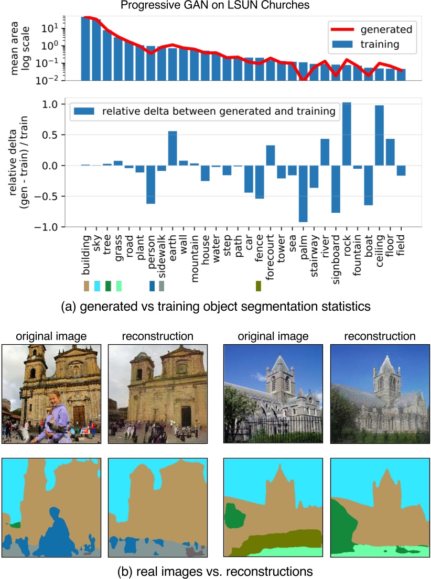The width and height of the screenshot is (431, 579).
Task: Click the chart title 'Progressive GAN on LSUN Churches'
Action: [215, 6]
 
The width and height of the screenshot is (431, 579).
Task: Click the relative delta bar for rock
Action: [346, 134]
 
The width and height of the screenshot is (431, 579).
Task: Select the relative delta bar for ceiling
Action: [379, 136]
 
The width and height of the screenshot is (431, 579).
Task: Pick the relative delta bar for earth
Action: [173, 148]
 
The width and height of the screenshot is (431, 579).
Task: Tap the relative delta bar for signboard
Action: [336, 189]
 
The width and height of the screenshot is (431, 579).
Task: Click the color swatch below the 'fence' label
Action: [258, 286]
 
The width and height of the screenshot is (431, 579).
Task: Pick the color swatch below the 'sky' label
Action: [97, 286]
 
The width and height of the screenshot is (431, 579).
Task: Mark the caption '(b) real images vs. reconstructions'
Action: [215, 570]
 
